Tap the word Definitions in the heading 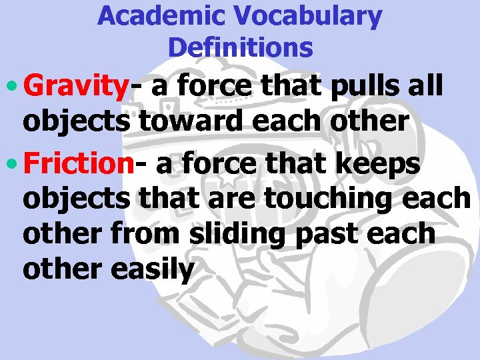240,47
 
